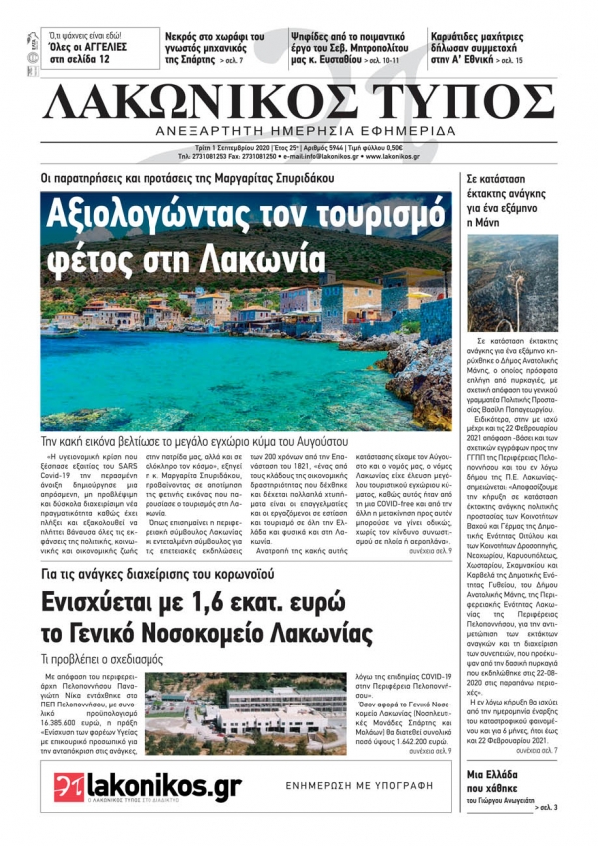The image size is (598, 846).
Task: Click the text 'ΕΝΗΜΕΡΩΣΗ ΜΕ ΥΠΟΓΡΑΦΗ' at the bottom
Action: [360, 785]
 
